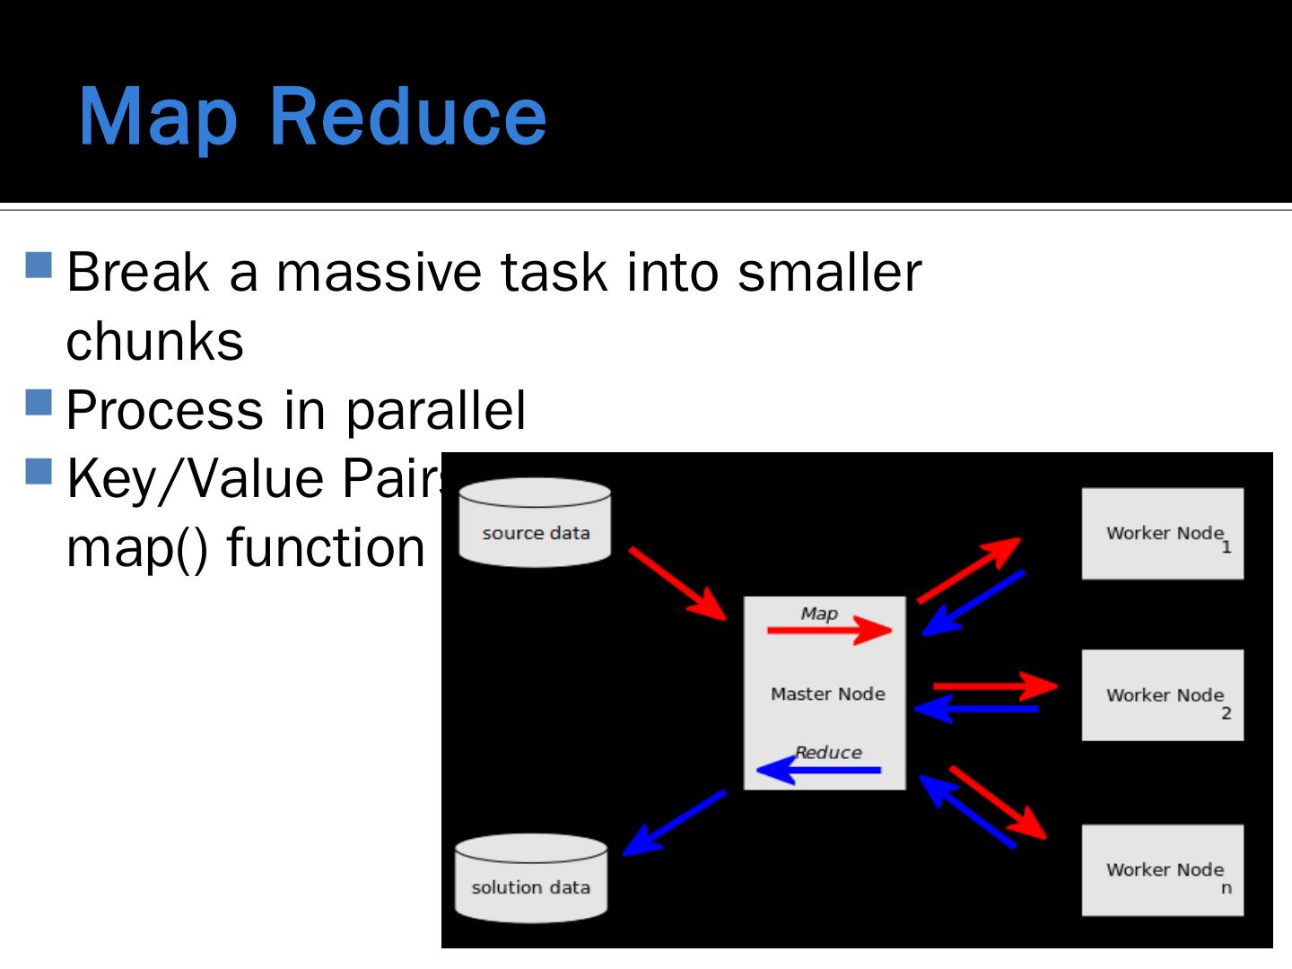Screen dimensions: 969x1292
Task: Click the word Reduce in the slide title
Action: coord(407,116)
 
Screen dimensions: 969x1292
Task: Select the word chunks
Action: coord(155,342)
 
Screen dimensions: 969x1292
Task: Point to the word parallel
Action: coord(435,411)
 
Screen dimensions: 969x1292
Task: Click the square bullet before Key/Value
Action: coord(39,470)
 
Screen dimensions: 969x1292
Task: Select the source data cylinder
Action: coord(535,524)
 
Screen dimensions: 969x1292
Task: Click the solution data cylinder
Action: coord(531,879)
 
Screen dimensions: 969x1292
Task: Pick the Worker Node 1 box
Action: coord(1162,534)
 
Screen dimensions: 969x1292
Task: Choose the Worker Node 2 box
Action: coord(1162,695)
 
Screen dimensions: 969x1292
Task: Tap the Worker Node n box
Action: coord(1162,870)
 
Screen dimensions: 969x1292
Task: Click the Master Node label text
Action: coord(827,694)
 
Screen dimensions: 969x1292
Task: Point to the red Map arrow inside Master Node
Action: coord(828,630)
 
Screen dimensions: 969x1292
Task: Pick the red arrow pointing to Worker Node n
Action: coord(998,802)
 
